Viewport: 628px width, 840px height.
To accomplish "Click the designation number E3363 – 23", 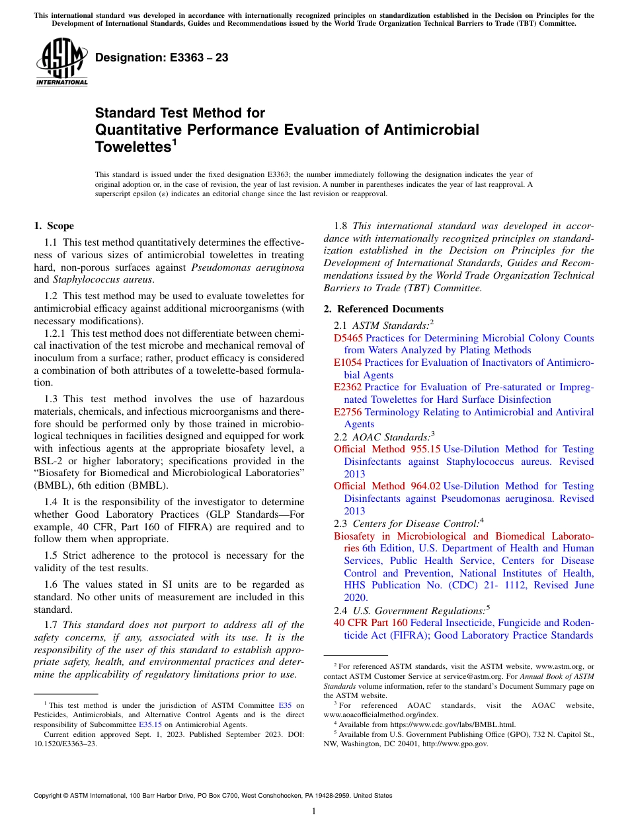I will pos(161,58).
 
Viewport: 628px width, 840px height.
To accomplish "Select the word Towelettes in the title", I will pos(132,147).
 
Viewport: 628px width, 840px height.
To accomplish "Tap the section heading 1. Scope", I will pos(54,226).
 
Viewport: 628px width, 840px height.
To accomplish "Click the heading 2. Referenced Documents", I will pos(383,309).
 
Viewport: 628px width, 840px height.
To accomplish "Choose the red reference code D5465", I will pos(348,338).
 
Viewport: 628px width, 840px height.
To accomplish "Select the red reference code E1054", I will pos(347,363).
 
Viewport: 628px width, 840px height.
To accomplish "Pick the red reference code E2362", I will pos(348,387).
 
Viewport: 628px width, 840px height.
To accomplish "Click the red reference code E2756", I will pos(348,412).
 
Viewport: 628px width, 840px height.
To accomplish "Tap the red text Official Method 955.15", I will pos(387,449).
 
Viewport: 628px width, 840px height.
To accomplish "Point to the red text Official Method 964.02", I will pos(387,486).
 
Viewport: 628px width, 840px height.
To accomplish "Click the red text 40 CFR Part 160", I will pos(370,623).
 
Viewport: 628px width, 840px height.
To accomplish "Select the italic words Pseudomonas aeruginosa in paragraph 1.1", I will pos(247,267).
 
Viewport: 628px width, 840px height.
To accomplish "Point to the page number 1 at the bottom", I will pos(314,812).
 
